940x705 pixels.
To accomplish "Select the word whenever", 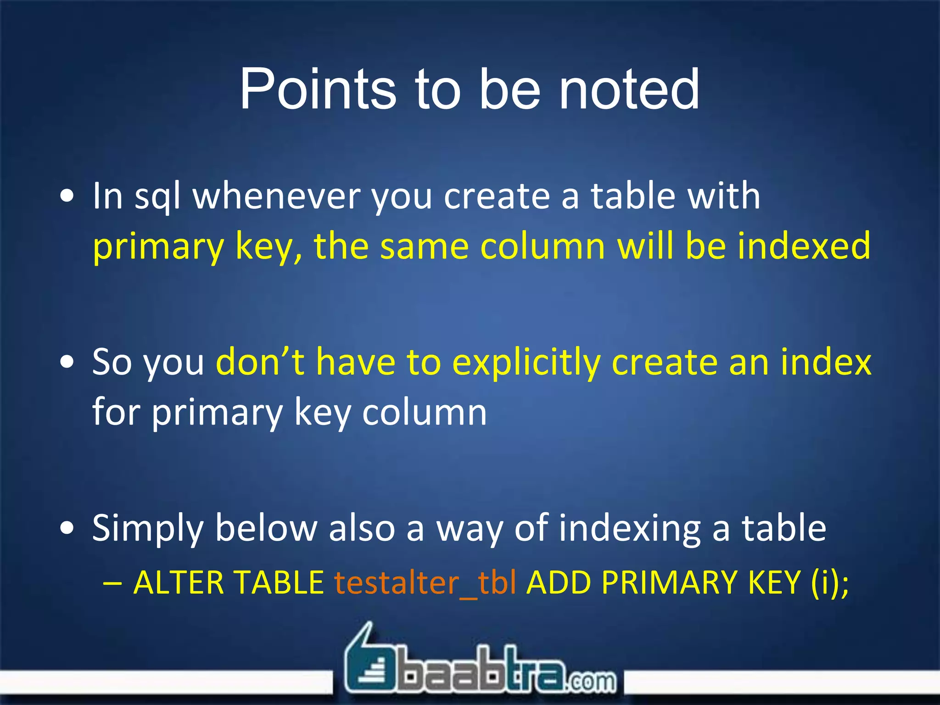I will tap(276, 196).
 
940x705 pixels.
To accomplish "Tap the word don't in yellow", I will tap(260, 362).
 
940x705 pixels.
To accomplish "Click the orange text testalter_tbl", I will tap(425, 583).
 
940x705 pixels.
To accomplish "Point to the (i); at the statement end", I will tap(830, 583).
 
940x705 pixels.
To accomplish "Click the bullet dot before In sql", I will tap(67, 196).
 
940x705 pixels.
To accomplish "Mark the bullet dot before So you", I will tap(67, 362).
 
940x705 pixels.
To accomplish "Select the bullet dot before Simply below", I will tap(67, 528).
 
